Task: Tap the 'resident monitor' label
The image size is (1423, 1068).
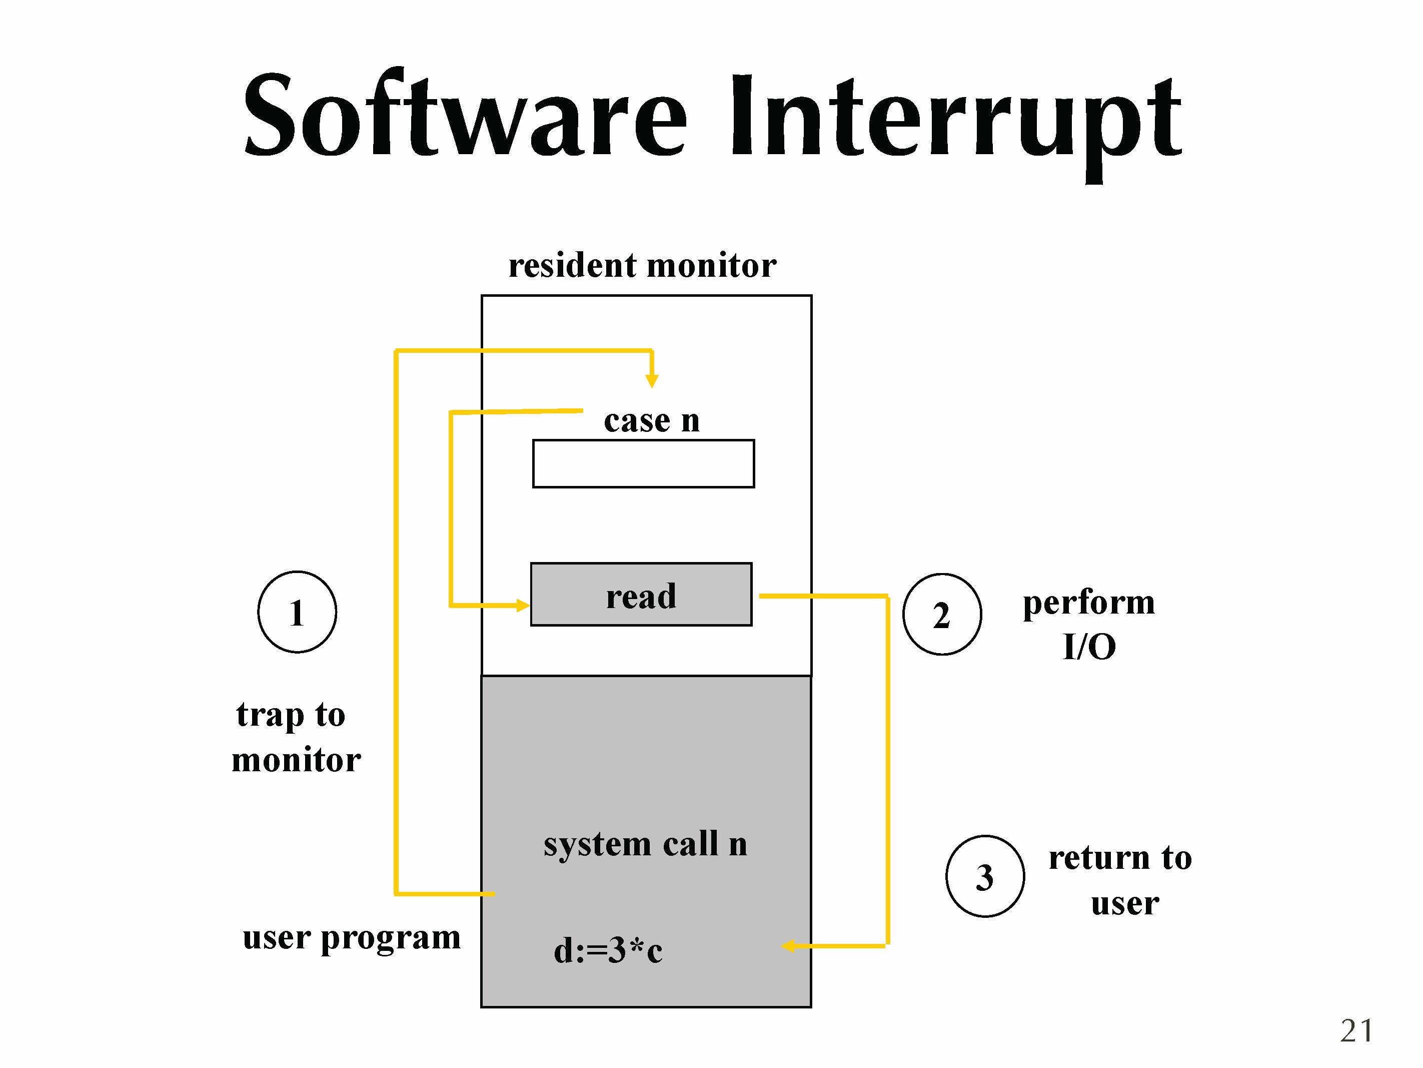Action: [x=642, y=265]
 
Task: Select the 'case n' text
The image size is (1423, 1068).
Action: [x=651, y=421]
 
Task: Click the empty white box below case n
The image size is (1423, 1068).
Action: [x=643, y=463]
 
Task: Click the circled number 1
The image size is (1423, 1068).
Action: [x=297, y=612]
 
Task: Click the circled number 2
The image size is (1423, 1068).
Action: [x=942, y=615]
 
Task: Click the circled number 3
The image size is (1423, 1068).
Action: [x=985, y=877]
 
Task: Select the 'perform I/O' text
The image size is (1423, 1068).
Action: [x=1088, y=625]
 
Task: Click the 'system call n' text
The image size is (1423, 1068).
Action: [x=645, y=844]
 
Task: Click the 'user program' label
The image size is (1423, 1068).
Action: [x=351, y=937]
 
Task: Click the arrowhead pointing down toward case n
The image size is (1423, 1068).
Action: [x=652, y=380]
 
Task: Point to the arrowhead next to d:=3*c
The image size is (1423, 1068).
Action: [x=789, y=946]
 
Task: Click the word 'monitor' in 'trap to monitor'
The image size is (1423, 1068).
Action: [x=296, y=760]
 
